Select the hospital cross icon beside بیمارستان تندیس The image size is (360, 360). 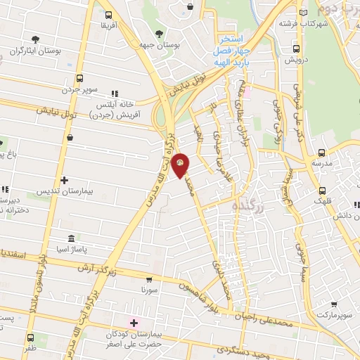click(x=64, y=181)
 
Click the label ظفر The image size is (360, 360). click(x=30, y=348)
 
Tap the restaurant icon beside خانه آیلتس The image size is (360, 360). click(x=115, y=92)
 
